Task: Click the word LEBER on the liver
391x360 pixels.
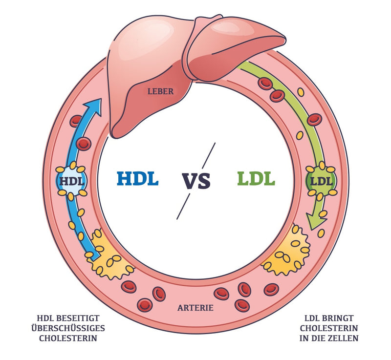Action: pyautogui.click(x=160, y=91)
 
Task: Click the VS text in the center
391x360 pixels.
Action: pyautogui.click(x=196, y=180)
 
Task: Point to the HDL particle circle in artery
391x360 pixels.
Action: pyautogui.click(x=72, y=181)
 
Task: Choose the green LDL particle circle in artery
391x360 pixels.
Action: pyautogui.click(x=321, y=181)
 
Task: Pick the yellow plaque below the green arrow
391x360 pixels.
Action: pyautogui.click(x=286, y=254)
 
